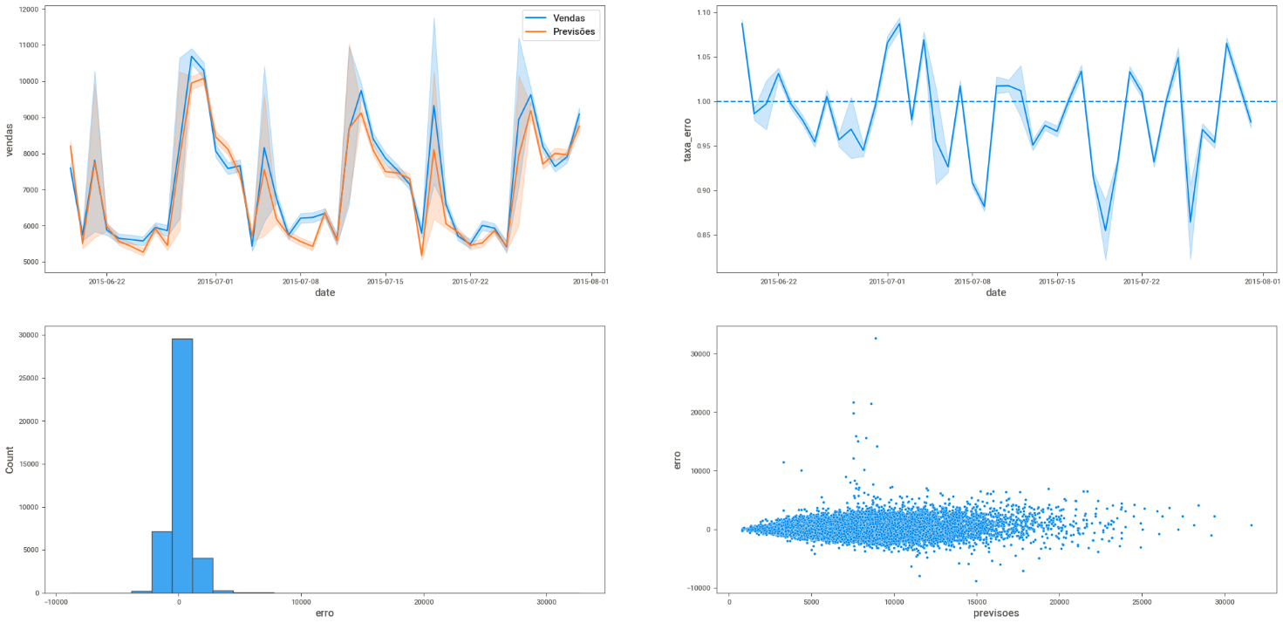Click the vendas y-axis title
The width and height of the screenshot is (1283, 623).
(x=10, y=139)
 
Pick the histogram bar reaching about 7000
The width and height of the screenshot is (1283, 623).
(x=161, y=562)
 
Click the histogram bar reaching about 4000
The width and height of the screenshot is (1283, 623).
(x=202, y=575)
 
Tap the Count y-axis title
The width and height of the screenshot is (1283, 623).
(x=10, y=459)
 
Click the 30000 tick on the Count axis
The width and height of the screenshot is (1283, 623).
(x=26, y=335)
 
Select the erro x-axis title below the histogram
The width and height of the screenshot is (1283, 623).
(x=324, y=613)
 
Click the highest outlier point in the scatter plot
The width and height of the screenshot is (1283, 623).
(x=876, y=339)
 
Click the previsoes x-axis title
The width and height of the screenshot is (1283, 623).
(x=995, y=613)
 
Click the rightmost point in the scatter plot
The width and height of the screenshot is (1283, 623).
(x=1251, y=525)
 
